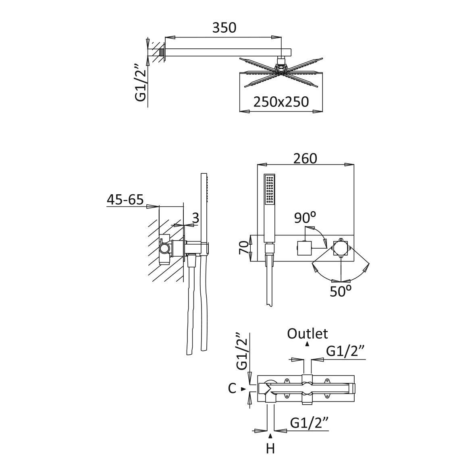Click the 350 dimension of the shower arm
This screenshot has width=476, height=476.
[x=224, y=28]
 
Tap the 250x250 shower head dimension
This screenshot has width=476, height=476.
[x=281, y=102]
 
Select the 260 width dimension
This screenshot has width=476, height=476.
[x=306, y=158]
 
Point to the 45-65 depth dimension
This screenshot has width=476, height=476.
[x=125, y=200]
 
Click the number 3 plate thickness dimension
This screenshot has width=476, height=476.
[x=196, y=218]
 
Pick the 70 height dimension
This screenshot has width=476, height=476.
[x=244, y=248]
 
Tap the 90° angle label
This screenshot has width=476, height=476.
[x=305, y=217]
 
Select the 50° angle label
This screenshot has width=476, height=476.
[x=341, y=291]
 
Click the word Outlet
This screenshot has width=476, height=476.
[x=308, y=334]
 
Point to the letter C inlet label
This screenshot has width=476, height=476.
[x=232, y=388]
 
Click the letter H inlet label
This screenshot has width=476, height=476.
[x=270, y=449]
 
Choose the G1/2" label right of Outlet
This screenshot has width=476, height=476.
[x=345, y=351]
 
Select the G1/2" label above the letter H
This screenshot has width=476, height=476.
[x=309, y=423]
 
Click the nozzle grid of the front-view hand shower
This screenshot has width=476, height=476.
[x=270, y=189]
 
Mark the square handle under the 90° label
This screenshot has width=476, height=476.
[x=304, y=248]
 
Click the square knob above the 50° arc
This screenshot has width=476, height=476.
[x=341, y=248]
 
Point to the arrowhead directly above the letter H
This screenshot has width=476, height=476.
[x=270, y=437]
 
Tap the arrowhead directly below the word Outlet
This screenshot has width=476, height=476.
[x=308, y=344]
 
